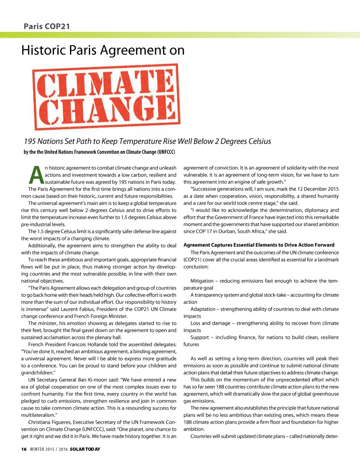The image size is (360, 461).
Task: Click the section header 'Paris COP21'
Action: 47,26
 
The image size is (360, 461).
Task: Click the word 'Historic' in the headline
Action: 43,50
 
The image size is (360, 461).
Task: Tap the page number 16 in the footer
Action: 24,449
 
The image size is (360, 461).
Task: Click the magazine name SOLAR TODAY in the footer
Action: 85,449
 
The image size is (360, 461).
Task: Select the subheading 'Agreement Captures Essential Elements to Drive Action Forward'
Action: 259,245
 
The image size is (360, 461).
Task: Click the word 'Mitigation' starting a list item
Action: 202,281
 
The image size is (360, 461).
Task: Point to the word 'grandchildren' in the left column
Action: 37,373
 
